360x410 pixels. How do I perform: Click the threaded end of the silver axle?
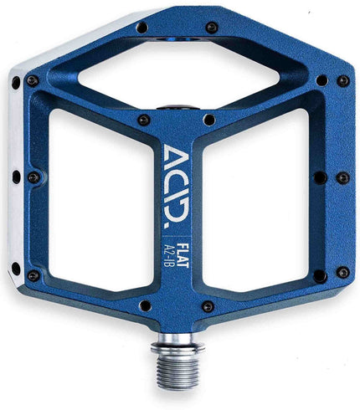pos(177,372)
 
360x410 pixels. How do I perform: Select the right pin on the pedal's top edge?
pos(212,27)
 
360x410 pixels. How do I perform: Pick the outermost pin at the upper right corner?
pos(342,81)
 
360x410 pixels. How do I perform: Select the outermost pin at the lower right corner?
pos(342,273)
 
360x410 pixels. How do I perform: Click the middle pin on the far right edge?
pos(342,177)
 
